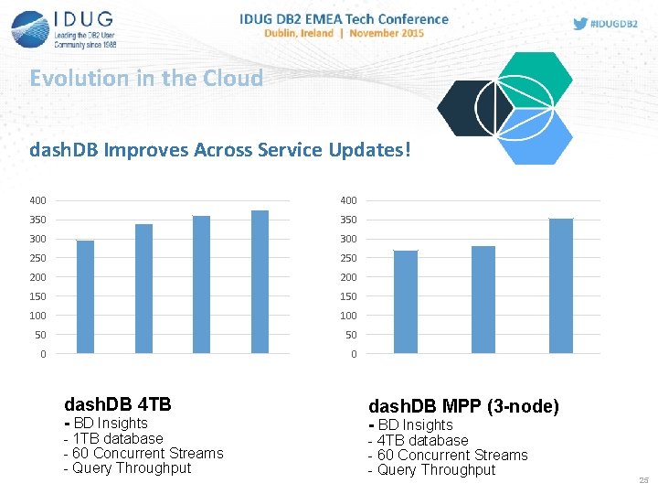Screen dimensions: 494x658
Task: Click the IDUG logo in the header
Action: [x=64, y=28]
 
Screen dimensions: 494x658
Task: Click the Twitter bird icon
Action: [x=580, y=24]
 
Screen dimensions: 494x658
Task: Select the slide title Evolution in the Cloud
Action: [x=146, y=79]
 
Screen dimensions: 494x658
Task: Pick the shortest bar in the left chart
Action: [x=85, y=296]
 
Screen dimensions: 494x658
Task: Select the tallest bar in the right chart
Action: [x=560, y=285]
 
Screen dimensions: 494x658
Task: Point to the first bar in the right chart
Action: [x=405, y=302]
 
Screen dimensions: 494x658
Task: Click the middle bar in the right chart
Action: [x=483, y=299]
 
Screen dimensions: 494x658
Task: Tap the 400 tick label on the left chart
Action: [x=38, y=200]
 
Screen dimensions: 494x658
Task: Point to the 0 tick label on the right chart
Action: [x=354, y=354]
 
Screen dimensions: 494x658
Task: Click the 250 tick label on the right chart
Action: [x=350, y=258]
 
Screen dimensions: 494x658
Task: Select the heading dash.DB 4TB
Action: [x=118, y=403]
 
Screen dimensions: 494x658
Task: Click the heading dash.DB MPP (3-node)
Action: [x=463, y=406]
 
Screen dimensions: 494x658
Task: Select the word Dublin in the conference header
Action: [x=285, y=33]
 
